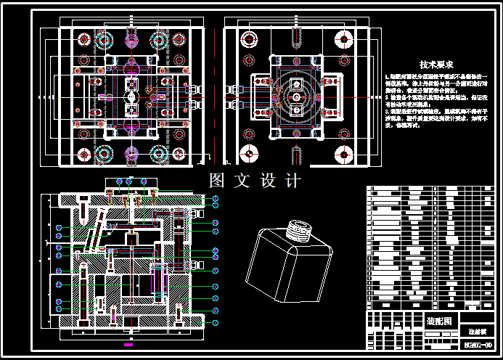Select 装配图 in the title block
[x=438, y=320]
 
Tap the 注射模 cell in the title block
[x=476, y=330]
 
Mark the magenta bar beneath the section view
[x=128, y=335]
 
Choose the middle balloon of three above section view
[x=129, y=181]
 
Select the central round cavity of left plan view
[x=131, y=97]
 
